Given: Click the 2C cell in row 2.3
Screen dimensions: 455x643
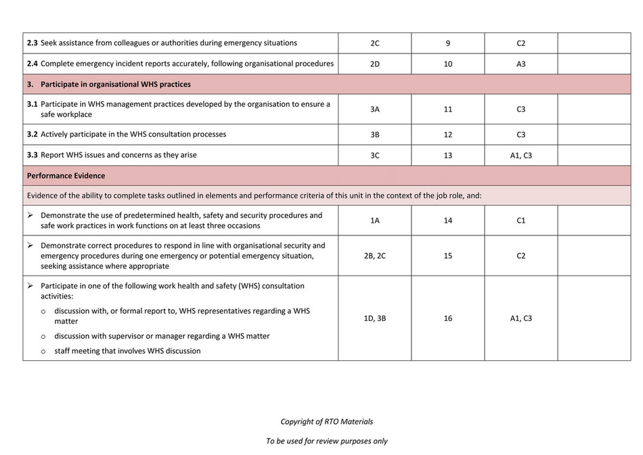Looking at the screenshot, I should pyautogui.click(x=375, y=43).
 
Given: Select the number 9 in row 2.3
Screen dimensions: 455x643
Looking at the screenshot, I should pyautogui.click(x=448, y=43).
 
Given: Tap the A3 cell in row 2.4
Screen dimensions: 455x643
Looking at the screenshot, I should pyautogui.click(x=520, y=64).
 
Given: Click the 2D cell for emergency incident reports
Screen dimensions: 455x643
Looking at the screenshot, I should pyautogui.click(x=375, y=64).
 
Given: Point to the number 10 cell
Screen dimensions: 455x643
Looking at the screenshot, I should pyautogui.click(x=448, y=64).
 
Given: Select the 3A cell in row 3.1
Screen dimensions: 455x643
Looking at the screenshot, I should pyautogui.click(x=375, y=109).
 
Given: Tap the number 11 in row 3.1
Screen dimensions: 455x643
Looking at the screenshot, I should pyautogui.click(x=448, y=109).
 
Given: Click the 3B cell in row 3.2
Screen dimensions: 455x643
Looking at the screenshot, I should pyautogui.click(x=375, y=135).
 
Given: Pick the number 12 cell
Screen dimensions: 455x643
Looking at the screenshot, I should pyautogui.click(x=448, y=135).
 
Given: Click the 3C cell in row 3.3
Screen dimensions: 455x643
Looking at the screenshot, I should pyautogui.click(x=375, y=155).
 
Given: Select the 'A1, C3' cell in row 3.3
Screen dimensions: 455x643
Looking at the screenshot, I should pyautogui.click(x=520, y=155).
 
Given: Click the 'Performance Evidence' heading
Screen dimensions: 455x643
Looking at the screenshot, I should pyautogui.click(x=66, y=176).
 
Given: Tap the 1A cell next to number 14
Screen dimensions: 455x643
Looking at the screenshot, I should pyautogui.click(x=375, y=221).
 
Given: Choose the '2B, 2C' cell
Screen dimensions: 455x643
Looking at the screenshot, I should pyautogui.click(x=375, y=256).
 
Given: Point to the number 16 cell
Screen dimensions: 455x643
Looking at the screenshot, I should pyautogui.click(x=448, y=318).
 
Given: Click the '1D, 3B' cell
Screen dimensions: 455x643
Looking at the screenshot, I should pyautogui.click(x=375, y=318).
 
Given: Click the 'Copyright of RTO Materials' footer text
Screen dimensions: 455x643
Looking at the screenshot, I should pyautogui.click(x=327, y=422).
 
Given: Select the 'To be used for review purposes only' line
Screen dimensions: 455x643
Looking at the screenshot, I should pyautogui.click(x=327, y=441).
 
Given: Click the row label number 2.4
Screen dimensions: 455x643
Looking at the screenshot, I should pyautogui.click(x=32, y=64).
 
